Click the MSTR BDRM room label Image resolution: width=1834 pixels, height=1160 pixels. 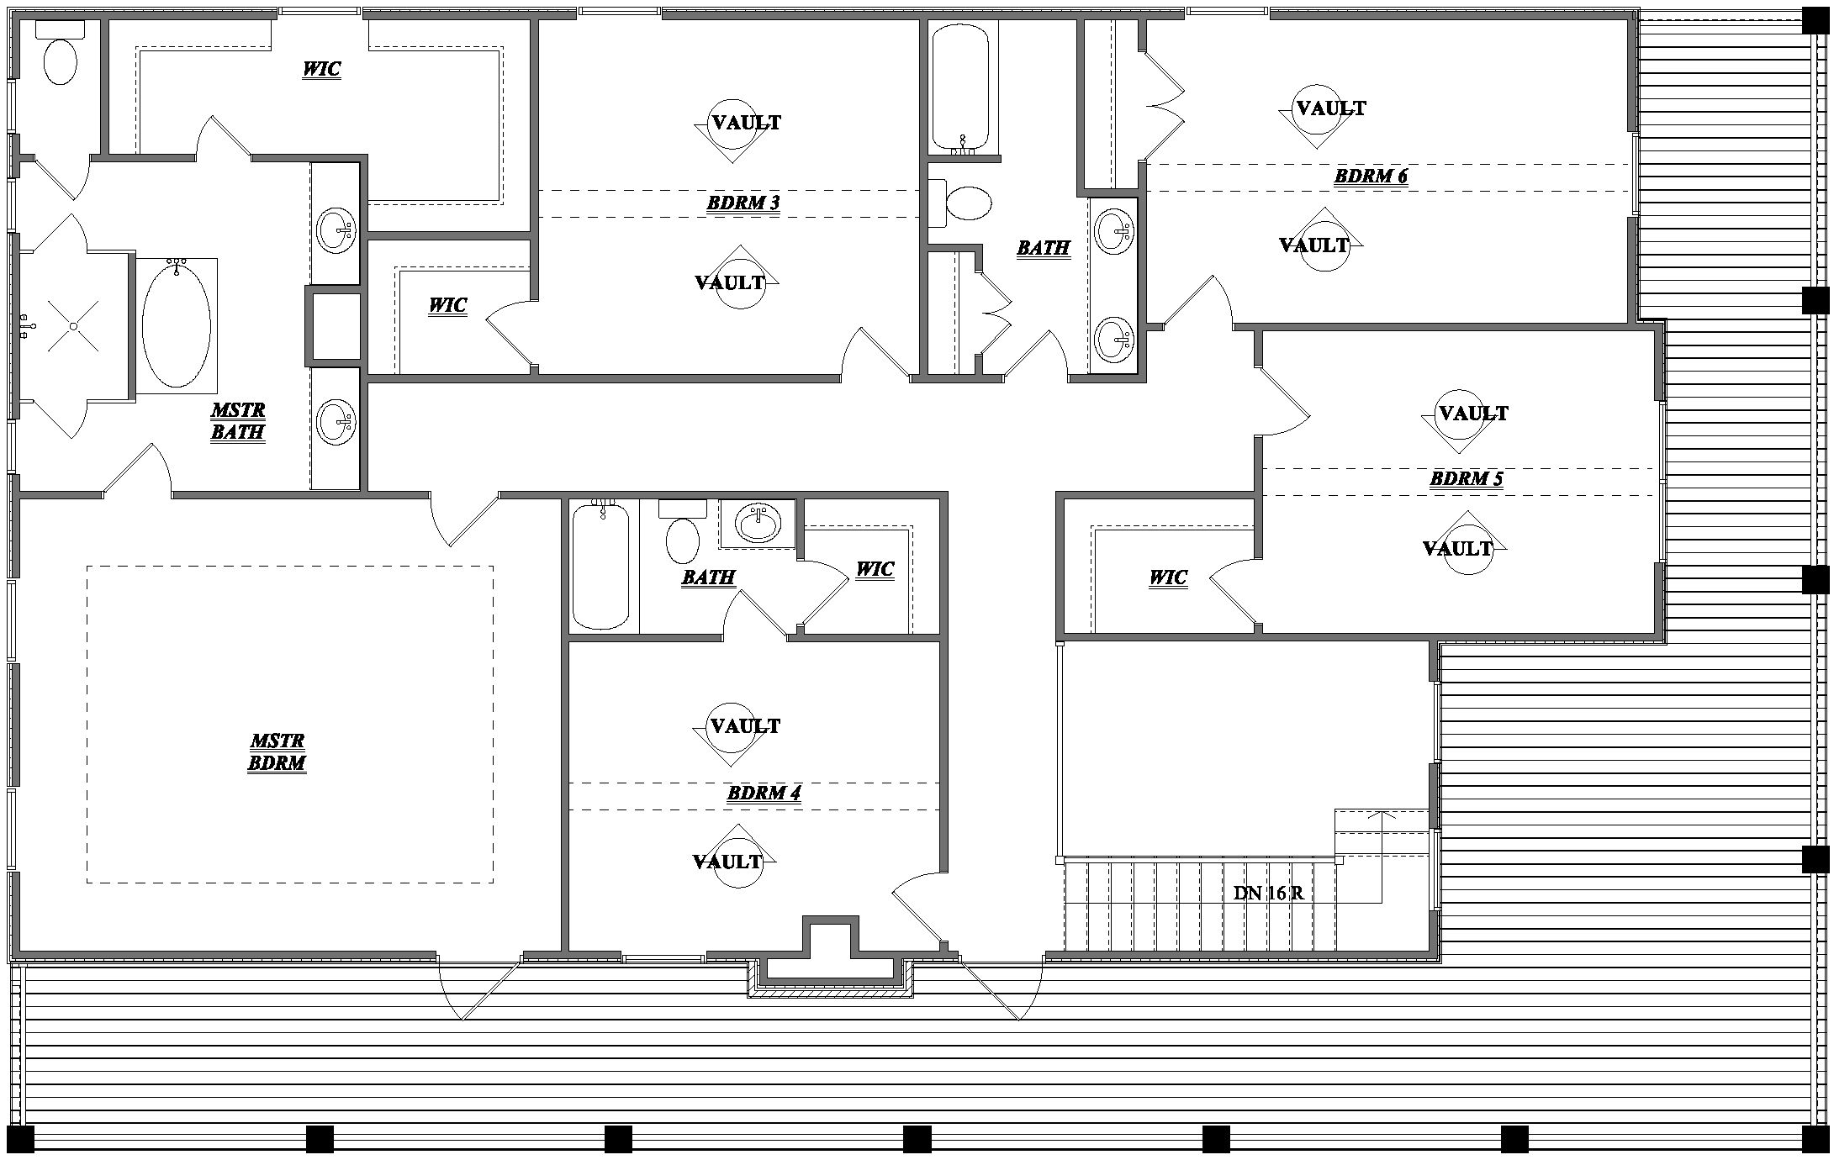point(277,752)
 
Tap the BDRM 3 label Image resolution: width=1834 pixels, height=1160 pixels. point(743,203)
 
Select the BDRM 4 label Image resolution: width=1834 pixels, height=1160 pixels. point(764,793)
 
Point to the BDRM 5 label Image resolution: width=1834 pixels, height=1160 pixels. point(1466,479)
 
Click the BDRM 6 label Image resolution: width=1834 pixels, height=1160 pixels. point(1370,177)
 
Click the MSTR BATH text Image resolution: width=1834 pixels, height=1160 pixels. point(238,421)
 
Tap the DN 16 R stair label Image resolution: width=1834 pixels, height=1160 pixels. point(1268,894)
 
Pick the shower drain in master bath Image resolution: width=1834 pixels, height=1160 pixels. point(74,326)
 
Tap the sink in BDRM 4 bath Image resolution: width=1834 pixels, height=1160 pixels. point(759,523)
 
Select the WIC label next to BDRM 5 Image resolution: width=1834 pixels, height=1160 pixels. point(1167,577)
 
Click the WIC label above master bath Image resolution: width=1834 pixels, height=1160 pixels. point(321,69)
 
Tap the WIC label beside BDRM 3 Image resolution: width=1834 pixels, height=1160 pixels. point(447,305)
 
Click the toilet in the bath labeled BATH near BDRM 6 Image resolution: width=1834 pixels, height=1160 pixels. point(968,203)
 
